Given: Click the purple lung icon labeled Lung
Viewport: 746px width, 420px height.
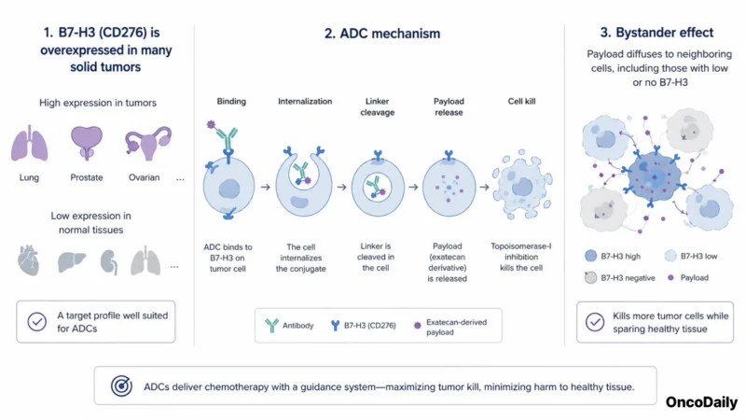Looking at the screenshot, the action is (30, 143).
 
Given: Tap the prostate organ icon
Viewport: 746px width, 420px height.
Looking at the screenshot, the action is (87, 143).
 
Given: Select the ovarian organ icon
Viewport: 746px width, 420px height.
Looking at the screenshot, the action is (148, 143).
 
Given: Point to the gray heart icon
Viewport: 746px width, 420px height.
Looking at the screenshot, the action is (28, 260).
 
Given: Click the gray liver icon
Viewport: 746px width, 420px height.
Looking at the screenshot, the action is (72, 261).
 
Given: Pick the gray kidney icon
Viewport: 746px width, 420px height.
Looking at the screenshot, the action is (109, 262).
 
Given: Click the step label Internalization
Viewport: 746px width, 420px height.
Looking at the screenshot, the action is (305, 102).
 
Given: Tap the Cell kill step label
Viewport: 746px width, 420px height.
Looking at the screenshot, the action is (521, 102).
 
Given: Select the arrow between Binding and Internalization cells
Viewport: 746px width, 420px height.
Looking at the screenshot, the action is (266, 188).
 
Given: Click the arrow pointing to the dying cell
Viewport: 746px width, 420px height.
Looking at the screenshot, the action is (484, 188).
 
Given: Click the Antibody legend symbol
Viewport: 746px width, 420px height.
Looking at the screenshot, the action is (271, 325).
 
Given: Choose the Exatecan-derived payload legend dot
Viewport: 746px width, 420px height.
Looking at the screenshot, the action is (417, 325).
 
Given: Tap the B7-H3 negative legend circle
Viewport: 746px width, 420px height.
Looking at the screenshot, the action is (590, 277).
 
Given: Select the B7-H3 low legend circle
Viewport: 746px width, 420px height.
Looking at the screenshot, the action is (670, 256).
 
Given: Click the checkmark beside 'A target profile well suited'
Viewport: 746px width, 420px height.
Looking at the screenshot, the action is (36, 321).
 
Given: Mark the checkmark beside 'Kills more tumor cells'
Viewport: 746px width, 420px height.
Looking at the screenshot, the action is (595, 322).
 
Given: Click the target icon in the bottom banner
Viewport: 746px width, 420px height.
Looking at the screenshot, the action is (121, 385).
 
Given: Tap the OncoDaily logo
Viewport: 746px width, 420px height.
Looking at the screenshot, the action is (701, 402).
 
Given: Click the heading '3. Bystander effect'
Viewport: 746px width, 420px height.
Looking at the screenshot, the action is (656, 33).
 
